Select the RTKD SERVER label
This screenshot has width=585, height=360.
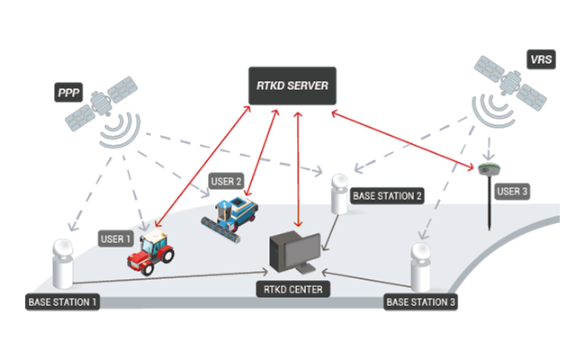[292, 87]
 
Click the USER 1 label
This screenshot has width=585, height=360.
[116, 239]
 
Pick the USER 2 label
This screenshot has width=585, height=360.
[227, 181]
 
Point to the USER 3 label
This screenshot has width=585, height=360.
[514, 192]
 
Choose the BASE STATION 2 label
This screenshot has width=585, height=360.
[387, 196]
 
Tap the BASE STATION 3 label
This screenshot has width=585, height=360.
[421, 301]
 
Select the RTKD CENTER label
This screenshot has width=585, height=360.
[293, 289]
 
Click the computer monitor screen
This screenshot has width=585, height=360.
[297, 248]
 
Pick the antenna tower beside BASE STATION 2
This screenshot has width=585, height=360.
[340, 193]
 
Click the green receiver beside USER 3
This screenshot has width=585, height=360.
[489, 172]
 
